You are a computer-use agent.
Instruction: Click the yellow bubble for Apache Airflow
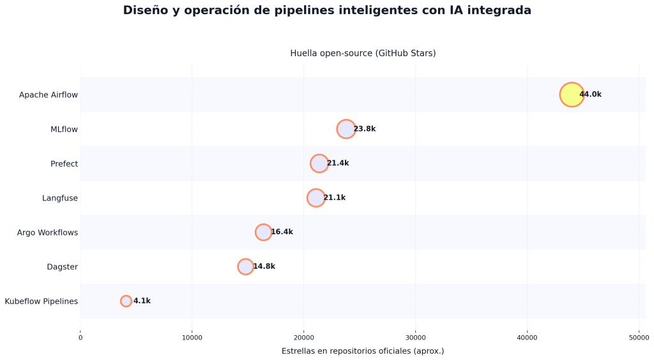pyautogui.click(x=572, y=94)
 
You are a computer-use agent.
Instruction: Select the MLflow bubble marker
pyautogui.click(x=346, y=129)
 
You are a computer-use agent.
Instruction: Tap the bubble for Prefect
pyautogui.click(x=319, y=163)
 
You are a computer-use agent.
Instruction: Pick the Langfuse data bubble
pyautogui.click(x=316, y=198)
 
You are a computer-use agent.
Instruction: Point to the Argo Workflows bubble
pyautogui.click(x=263, y=232)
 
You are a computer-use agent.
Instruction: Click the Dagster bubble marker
pyautogui.click(x=245, y=267)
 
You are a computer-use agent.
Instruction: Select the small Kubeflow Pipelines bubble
pyautogui.click(x=126, y=301)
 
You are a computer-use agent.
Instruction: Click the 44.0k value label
pyautogui.click(x=590, y=94)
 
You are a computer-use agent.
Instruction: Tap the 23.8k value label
pyautogui.click(x=364, y=129)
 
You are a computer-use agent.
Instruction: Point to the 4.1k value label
pyautogui.click(x=142, y=301)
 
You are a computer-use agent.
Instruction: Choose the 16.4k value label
pyautogui.click(x=282, y=232)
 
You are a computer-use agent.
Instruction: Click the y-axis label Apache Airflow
pyautogui.click(x=49, y=95)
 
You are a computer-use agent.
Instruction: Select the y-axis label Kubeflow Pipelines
pyautogui.click(x=42, y=301)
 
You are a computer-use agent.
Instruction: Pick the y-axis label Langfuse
pyautogui.click(x=60, y=199)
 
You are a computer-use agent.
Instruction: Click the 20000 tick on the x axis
pyautogui.click(x=303, y=338)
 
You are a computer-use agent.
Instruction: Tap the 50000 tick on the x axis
pyautogui.click(x=639, y=338)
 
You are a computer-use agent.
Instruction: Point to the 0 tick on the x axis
pyautogui.click(x=80, y=338)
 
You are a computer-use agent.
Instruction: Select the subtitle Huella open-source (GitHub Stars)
pyautogui.click(x=363, y=54)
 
